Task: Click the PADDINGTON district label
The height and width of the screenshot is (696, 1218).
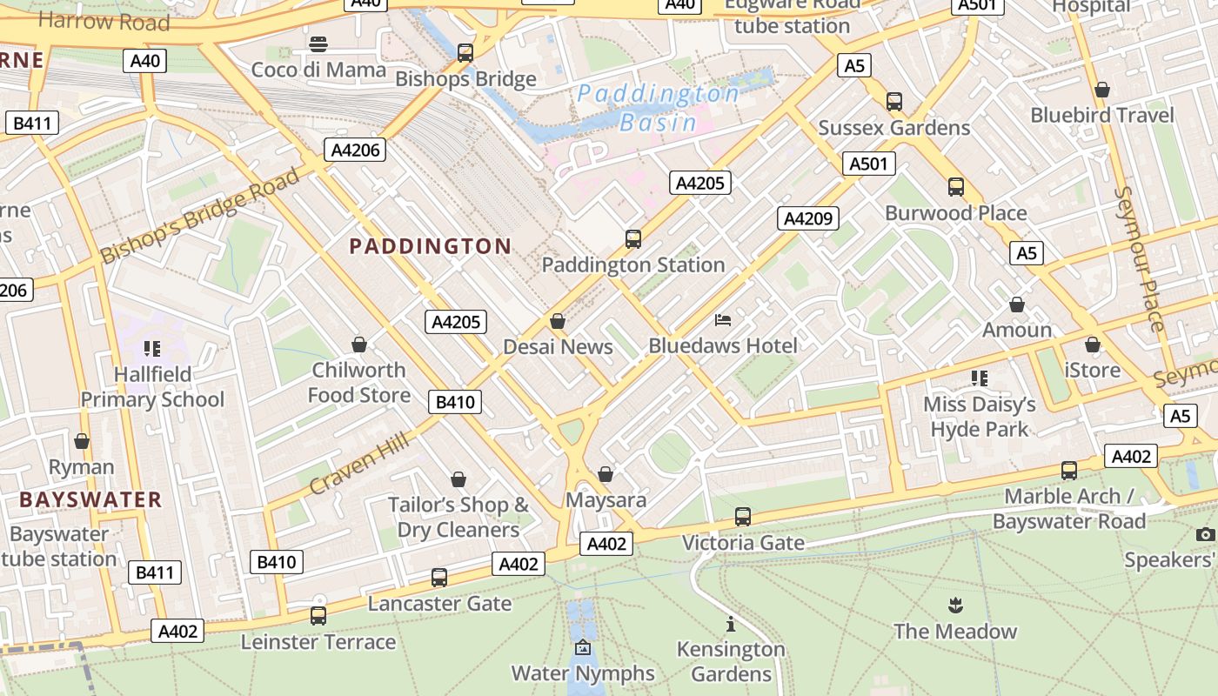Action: pos(431,246)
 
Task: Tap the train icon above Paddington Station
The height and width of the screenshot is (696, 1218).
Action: pos(633,238)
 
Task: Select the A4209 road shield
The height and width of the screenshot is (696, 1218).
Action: pos(807,218)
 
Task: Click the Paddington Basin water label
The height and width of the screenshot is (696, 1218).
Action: pos(659,108)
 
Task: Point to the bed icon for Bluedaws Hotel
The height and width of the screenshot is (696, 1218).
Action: pos(723,320)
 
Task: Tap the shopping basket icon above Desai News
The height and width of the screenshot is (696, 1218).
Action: pos(558,322)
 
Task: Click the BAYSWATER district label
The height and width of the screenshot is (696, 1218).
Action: pos(90,499)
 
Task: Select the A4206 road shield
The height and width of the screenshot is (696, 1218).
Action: pos(356,150)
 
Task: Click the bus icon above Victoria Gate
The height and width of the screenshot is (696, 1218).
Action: pos(742,517)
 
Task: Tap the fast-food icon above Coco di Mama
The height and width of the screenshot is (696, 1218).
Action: pos(318,44)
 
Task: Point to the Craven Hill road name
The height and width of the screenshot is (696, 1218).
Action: pos(358,465)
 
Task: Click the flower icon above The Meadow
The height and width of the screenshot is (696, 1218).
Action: pos(954,605)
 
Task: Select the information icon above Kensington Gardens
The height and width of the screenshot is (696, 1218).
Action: pos(730,624)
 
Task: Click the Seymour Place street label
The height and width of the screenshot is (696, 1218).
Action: pos(1140,258)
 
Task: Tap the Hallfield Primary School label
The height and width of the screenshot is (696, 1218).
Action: pos(152,387)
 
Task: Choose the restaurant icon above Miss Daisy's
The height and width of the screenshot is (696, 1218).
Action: pos(980,378)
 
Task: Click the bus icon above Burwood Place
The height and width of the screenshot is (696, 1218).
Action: pos(955,186)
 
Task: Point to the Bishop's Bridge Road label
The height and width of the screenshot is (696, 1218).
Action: pos(200,217)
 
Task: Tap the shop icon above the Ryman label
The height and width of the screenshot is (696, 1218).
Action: pos(82,441)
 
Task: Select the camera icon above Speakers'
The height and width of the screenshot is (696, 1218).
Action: pos(1204,534)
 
